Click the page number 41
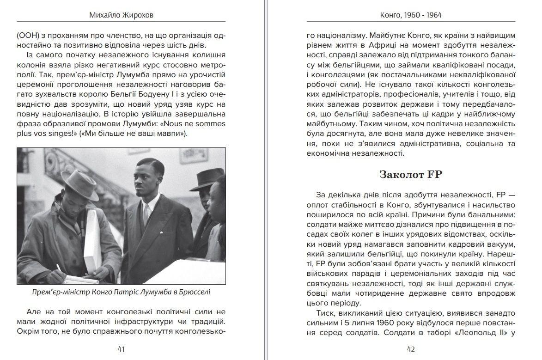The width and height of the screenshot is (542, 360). [121, 349]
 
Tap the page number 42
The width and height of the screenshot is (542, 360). [410, 349]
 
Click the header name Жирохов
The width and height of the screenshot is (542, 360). [138, 15]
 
